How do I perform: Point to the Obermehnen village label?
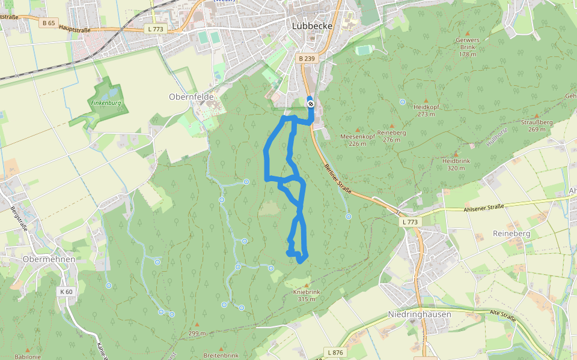point(48,259)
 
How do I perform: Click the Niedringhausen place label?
point(420,314)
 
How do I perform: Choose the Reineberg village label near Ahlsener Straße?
point(511,233)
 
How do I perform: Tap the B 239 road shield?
point(307,58)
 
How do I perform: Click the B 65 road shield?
point(49,23)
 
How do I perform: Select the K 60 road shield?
point(66,292)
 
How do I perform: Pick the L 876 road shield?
point(335,352)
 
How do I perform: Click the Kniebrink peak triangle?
point(307,285)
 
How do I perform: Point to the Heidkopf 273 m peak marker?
point(426,100)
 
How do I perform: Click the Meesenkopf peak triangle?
point(358,130)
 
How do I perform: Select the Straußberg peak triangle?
point(536,116)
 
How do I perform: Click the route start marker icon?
point(310,104)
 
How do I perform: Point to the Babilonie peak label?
point(27,356)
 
